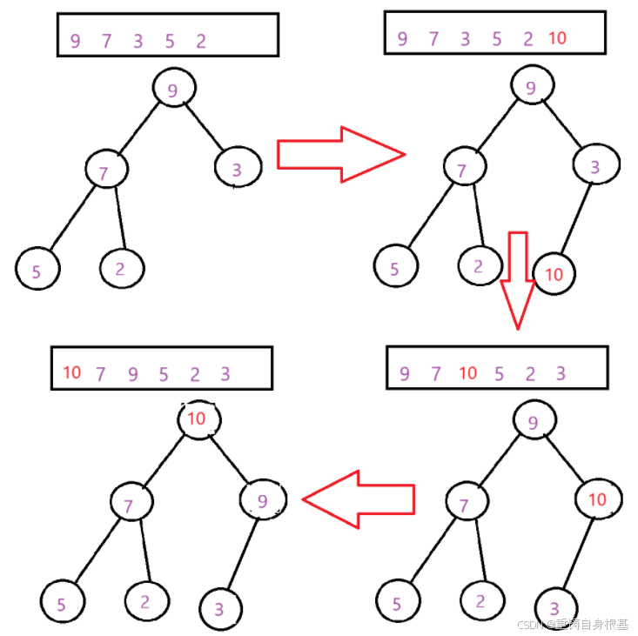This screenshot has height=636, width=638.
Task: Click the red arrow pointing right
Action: (339, 154)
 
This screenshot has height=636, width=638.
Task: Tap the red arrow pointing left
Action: (357, 499)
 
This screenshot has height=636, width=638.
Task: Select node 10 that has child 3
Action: (596, 499)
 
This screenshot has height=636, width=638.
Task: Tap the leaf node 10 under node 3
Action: (554, 274)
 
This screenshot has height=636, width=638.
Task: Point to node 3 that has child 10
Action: (595, 166)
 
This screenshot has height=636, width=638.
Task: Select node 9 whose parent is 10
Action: (262, 499)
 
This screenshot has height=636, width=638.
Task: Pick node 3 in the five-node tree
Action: (237, 169)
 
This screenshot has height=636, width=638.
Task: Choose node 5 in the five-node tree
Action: (37, 270)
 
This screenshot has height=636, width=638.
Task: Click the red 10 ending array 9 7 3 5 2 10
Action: (558, 38)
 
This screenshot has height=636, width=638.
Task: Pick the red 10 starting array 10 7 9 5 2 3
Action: (71, 373)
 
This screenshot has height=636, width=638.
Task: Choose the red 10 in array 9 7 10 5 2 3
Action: (468, 373)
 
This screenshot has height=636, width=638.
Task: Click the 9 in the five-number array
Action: (75, 40)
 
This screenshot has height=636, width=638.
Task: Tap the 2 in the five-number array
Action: (201, 40)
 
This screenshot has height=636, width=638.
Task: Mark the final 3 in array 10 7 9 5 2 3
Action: (225, 374)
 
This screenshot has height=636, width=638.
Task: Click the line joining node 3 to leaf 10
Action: (573, 219)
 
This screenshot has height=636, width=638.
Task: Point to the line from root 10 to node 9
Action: (230, 459)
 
